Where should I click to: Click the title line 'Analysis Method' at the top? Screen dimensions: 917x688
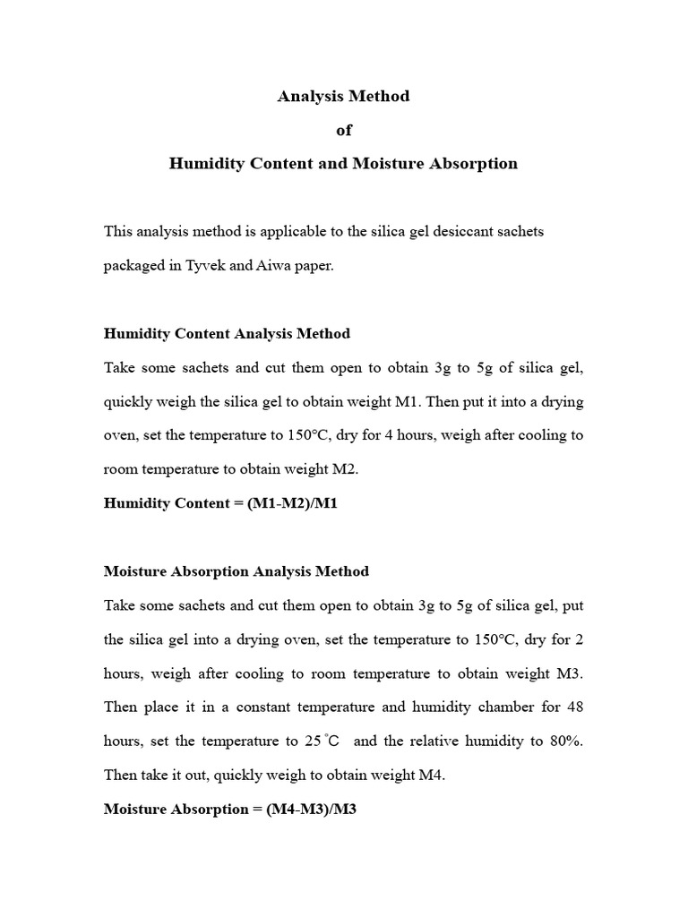point(343,96)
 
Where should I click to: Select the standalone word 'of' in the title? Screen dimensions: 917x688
point(343,130)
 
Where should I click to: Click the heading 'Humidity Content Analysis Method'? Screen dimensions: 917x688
point(227,333)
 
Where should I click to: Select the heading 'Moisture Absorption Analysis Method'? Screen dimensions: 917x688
point(236,570)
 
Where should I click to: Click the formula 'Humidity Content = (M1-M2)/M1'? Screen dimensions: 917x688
point(220,502)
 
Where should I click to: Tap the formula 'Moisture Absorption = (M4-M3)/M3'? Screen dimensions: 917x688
point(230,809)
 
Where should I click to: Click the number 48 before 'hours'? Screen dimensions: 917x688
point(575,707)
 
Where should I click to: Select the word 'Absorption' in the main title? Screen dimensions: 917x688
point(475,164)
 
